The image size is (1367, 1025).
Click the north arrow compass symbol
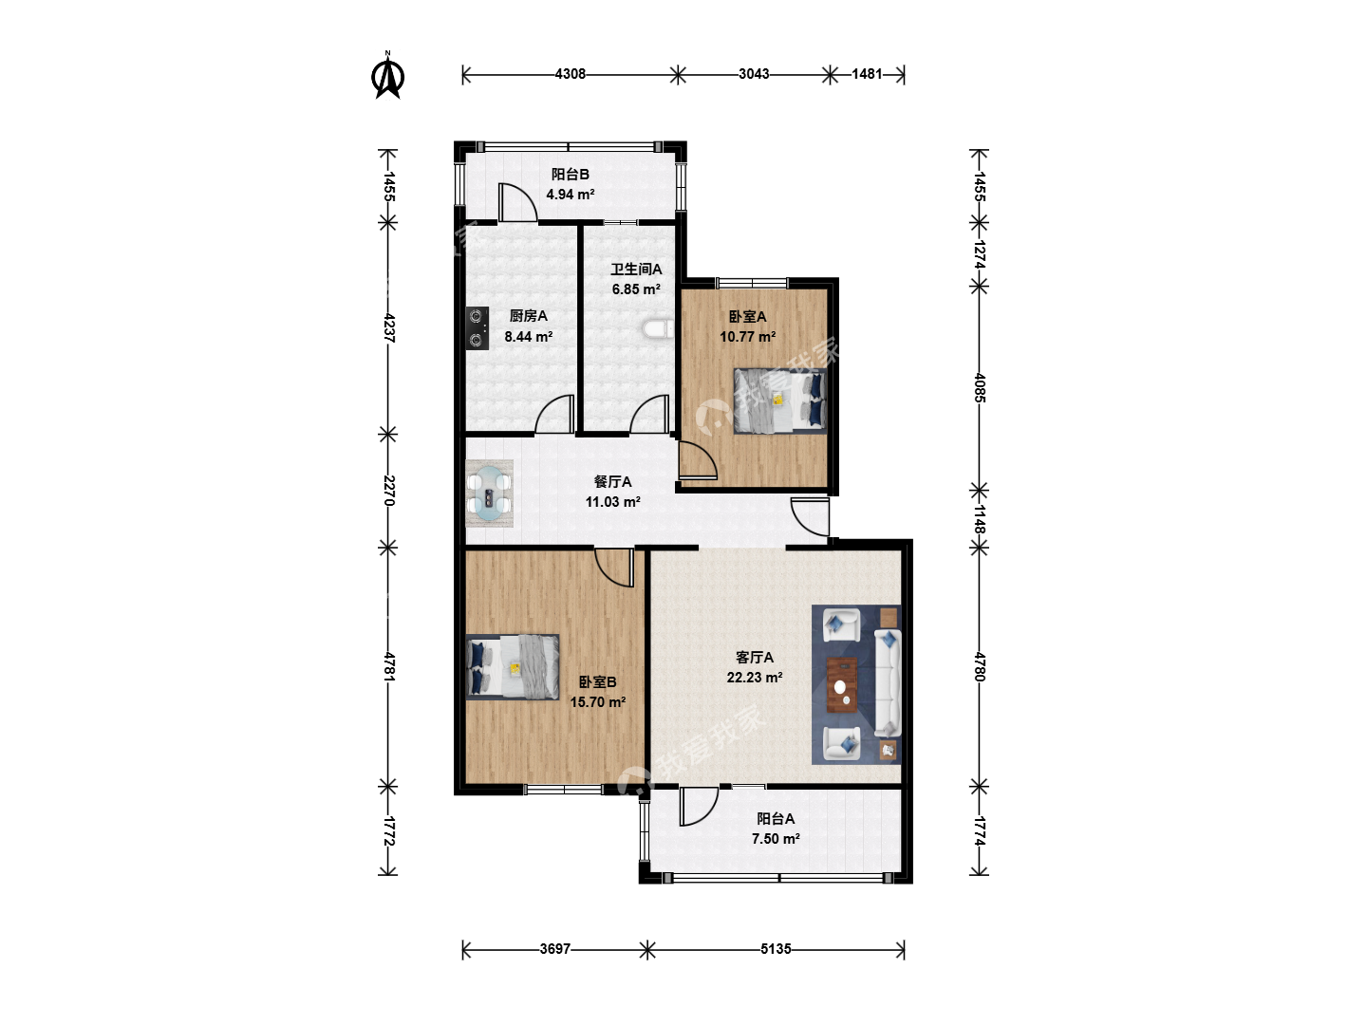[387, 76]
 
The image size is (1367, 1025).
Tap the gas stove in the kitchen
[478, 328]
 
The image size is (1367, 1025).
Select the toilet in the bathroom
[658, 328]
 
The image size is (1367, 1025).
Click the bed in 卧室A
[779, 401]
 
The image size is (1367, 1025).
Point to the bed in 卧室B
[513, 667]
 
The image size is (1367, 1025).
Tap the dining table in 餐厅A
[490, 494]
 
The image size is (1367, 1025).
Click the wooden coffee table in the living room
[842, 684]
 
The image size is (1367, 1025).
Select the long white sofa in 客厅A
[888, 682]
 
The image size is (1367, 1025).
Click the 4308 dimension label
[570, 74]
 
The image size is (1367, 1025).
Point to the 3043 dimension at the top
[754, 74]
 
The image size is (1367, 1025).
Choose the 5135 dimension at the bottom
[776, 949]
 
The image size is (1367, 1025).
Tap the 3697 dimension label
[555, 949]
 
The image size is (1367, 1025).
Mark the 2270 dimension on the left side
[388, 491]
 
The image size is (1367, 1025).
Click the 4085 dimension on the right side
[979, 388]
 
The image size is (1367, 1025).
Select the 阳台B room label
[570, 175]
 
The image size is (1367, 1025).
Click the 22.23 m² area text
[754, 677]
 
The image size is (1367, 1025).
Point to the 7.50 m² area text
[776, 838]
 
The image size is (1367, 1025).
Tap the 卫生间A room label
[636, 270]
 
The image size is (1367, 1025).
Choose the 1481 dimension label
[867, 74]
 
